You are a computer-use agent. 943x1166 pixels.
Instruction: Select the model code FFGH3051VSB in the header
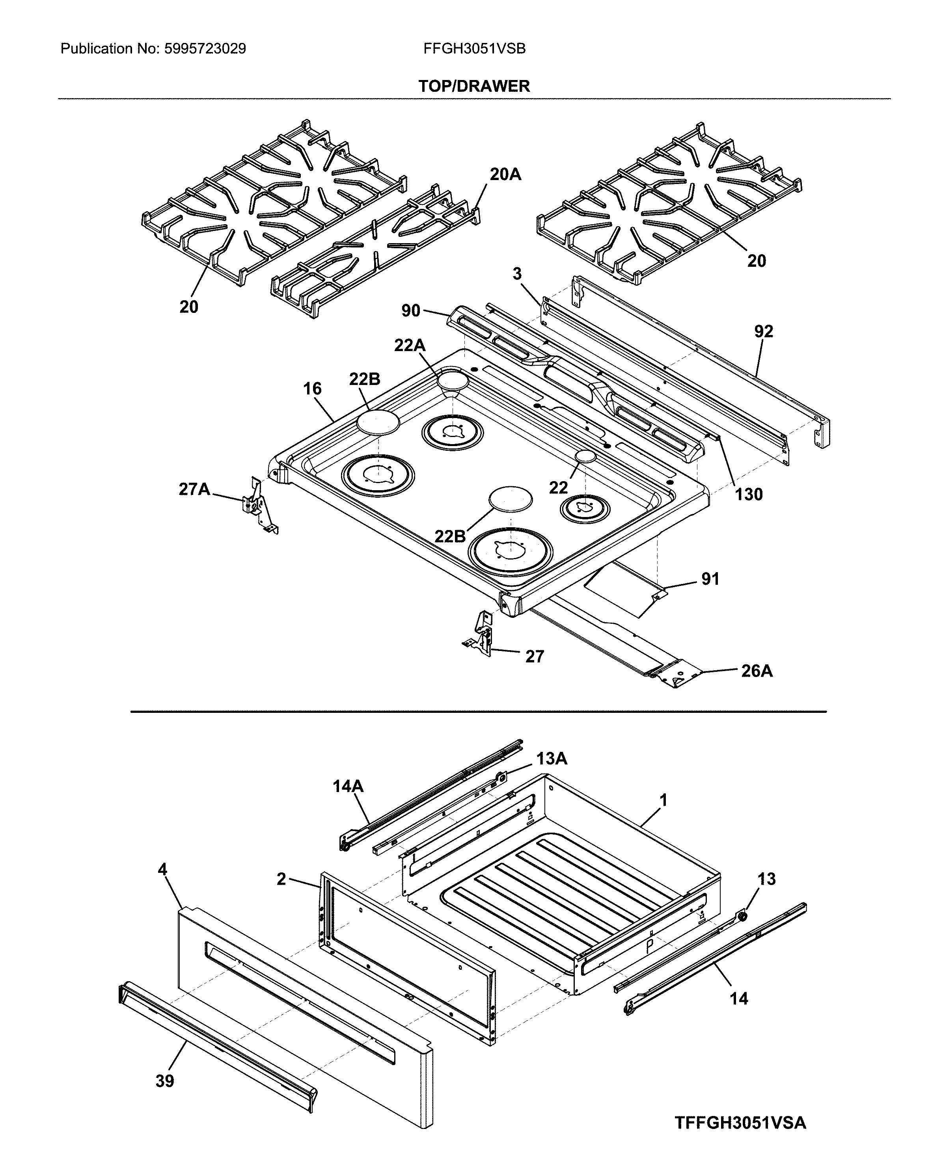tap(474, 49)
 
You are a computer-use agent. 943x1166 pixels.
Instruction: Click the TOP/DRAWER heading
tap(474, 86)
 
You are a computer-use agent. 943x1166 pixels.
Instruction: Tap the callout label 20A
tap(505, 174)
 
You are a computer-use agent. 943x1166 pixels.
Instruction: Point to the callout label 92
tap(763, 331)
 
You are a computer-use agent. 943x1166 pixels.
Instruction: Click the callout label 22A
tap(410, 345)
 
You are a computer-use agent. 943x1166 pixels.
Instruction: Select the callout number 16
tap(312, 389)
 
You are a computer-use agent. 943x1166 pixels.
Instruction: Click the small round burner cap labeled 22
tap(585, 457)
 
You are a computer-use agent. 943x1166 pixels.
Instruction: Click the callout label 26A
tap(757, 671)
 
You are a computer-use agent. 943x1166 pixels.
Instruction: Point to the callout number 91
tap(710, 579)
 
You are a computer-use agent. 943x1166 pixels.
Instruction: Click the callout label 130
tap(749, 495)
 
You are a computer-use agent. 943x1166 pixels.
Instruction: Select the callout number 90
tap(411, 311)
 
